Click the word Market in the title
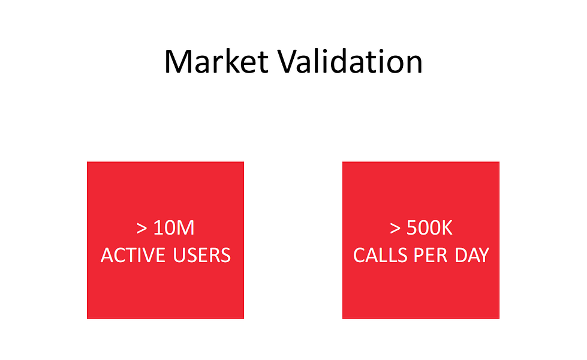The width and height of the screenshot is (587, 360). [x=216, y=61]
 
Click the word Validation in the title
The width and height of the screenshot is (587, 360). [x=350, y=61]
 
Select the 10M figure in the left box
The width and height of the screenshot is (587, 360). [x=174, y=228]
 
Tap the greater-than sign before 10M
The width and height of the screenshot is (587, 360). [x=142, y=229]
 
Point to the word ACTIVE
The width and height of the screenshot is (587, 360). [x=133, y=256]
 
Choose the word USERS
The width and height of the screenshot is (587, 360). [x=202, y=256]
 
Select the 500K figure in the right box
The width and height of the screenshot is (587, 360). [x=429, y=228]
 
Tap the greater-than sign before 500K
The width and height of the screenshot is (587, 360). [x=395, y=229]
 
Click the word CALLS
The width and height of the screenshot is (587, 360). [x=380, y=256]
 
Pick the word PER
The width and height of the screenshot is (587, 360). [x=431, y=256]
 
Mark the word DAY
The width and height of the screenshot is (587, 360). [x=472, y=256]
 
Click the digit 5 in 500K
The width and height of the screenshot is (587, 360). [x=411, y=228]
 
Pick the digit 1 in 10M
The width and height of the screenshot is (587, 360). [x=158, y=228]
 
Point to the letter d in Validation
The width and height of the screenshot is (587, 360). [x=338, y=61]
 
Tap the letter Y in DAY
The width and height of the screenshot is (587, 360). [x=483, y=256]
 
